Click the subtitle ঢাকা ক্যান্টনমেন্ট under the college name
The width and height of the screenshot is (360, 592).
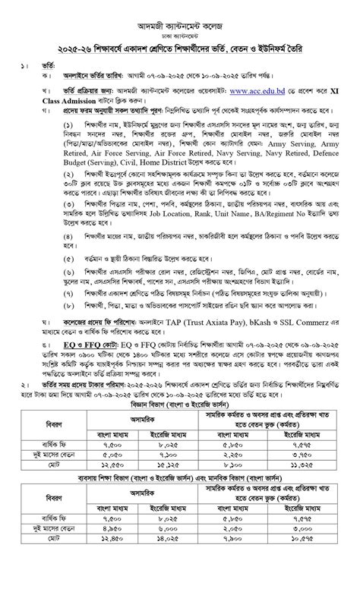pos(180,24)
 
